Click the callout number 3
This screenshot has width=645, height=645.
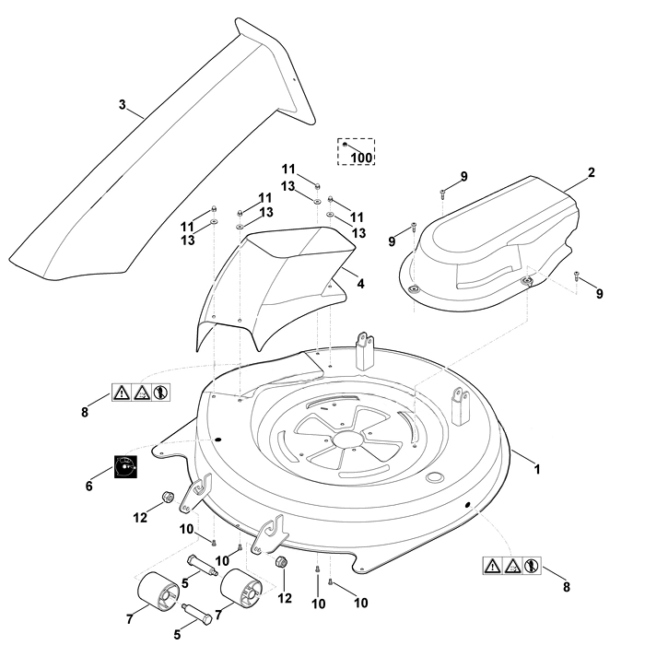tap(123, 105)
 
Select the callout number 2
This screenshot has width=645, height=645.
tap(592, 172)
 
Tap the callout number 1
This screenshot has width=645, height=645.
tap(536, 469)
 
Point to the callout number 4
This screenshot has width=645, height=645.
tap(360, 284)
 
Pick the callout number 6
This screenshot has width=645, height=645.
tap(89, 487)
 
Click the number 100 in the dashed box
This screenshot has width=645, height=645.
tap(361, 158)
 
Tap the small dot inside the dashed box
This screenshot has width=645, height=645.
tap(345, 145)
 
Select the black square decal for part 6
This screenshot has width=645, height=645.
tap(125, 466)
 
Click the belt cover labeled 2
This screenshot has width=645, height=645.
tap(489, 242)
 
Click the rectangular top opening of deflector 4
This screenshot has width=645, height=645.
tap(300, 242)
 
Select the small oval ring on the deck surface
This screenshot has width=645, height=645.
tap(434, 477)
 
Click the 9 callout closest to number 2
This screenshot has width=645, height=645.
tap(464, 177)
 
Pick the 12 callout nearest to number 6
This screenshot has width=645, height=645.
tap(140, 518)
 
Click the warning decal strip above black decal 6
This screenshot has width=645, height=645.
tap(141, 393)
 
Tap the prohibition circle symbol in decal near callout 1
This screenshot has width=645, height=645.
tap(532, 566)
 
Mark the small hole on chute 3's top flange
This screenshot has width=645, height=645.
tap(294, 79)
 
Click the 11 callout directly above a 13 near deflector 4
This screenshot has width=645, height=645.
tap(288, 169)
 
